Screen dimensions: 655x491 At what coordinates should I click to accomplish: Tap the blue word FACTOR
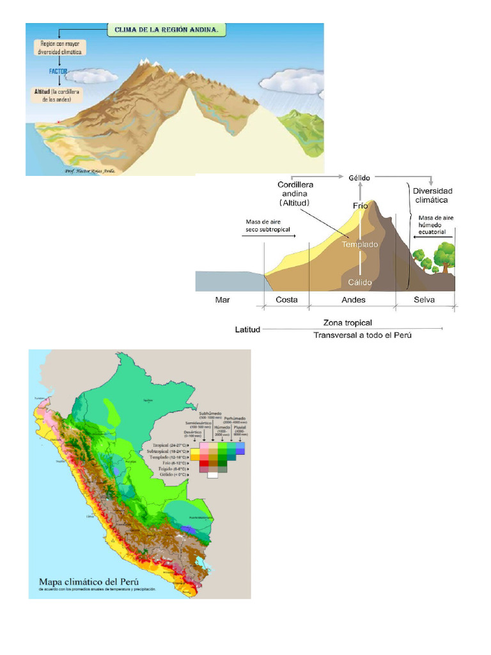[x=58, y=72]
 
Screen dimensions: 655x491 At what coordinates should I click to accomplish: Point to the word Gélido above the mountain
[x=360, y=177]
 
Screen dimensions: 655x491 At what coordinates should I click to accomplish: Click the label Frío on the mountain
[x=361, y=205]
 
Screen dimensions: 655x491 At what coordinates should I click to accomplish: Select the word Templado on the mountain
[x=359, y=244]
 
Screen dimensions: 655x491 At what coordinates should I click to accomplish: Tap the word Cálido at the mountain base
[x=360, y=281]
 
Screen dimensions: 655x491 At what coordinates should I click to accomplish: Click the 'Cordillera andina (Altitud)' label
[x=295, y=193]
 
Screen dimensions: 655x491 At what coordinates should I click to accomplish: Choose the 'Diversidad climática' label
[x=432, y=195]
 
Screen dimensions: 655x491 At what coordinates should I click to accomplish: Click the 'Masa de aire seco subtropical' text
[x=268, y=226]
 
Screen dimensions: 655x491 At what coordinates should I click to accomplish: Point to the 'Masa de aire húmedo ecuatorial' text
[x=435, y=225]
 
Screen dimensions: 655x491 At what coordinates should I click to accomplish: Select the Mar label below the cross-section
[x=223, y=299]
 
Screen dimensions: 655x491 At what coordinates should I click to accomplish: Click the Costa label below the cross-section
[x=286, y=299]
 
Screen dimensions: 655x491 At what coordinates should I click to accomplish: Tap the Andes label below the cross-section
[x=354, y=299]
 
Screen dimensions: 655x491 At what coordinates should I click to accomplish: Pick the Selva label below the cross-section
[x=424, y=299]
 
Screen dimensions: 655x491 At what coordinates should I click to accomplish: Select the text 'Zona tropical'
[x=347, y=323]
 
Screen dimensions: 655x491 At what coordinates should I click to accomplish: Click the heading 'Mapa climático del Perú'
[x=90, y=581]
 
